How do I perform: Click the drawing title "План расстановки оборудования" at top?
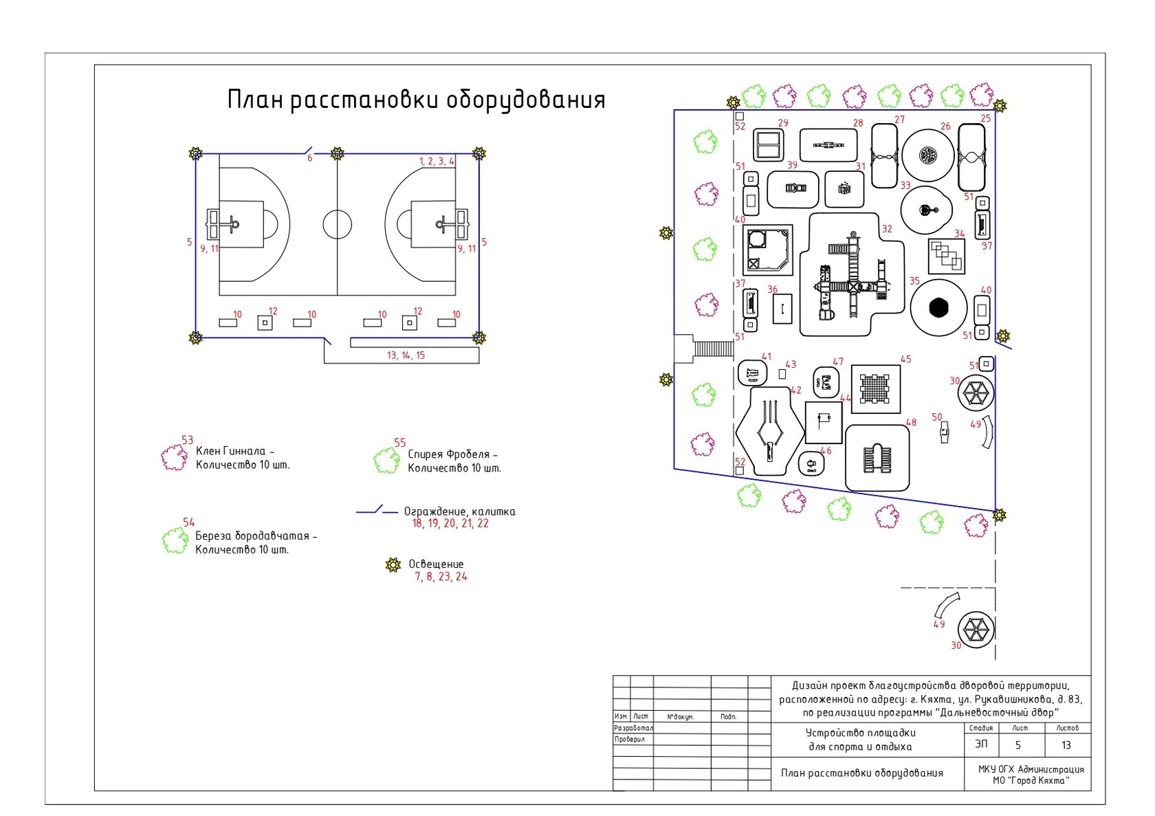[x=416, y=100]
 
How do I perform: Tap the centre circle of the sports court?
[x=337, y=224]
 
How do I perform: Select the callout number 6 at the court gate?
[x=309, y=158]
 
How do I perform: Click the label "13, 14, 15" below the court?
[x=406, y=355]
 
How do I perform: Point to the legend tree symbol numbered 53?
[x=174, y=457]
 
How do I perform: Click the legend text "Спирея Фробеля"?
[x=452, y=454]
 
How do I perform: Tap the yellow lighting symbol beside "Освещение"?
[x=393, y=565]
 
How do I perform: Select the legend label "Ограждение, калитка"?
[x=459, y=511]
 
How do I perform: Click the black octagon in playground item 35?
[x=938, y=307]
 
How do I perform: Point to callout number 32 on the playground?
[x=887, y=229]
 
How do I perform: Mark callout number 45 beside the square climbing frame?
[x=905, y=360]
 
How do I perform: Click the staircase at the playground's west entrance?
[x=713, y=349]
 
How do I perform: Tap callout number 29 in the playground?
[x=783, y=123]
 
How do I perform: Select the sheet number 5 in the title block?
[x=1018, y=745]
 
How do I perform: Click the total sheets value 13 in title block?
[x=1066, y=745]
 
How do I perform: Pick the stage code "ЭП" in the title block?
[x=981, y=745]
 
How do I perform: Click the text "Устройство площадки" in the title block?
[x=860, y=733]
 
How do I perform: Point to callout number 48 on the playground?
[x=911, y=423]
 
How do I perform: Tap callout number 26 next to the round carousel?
[x=945, y=126]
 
